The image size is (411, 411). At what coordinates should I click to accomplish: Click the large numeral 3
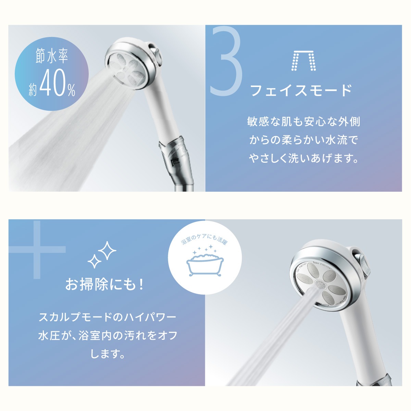pyautogui.click(x=226, y=62)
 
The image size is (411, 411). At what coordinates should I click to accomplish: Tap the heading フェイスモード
pyautogui.click(x=301, y=91)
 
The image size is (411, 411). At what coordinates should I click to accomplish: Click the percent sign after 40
pyautogui.click(x=71, y=90)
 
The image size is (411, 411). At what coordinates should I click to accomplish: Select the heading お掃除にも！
pyautogui.click(x=104, y=285)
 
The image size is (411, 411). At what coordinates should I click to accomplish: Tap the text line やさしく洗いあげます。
pyautogui.click(x=303, y=159)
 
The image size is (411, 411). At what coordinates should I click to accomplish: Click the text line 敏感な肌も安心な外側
pyautogui.click(x=303, y=122)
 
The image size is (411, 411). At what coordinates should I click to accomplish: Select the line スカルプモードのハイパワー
pyautogui.click(x=107, y=317)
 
